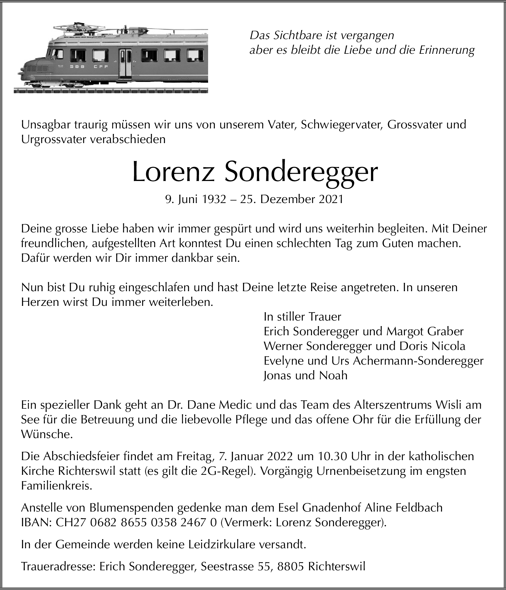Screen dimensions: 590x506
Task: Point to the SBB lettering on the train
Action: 77,66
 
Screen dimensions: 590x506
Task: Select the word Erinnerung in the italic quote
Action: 446,50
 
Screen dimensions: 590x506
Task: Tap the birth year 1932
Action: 214,200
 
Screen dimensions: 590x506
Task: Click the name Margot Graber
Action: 425,331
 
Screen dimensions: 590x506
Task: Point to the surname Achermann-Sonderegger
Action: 418,361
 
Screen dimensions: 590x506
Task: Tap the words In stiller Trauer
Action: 302,317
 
